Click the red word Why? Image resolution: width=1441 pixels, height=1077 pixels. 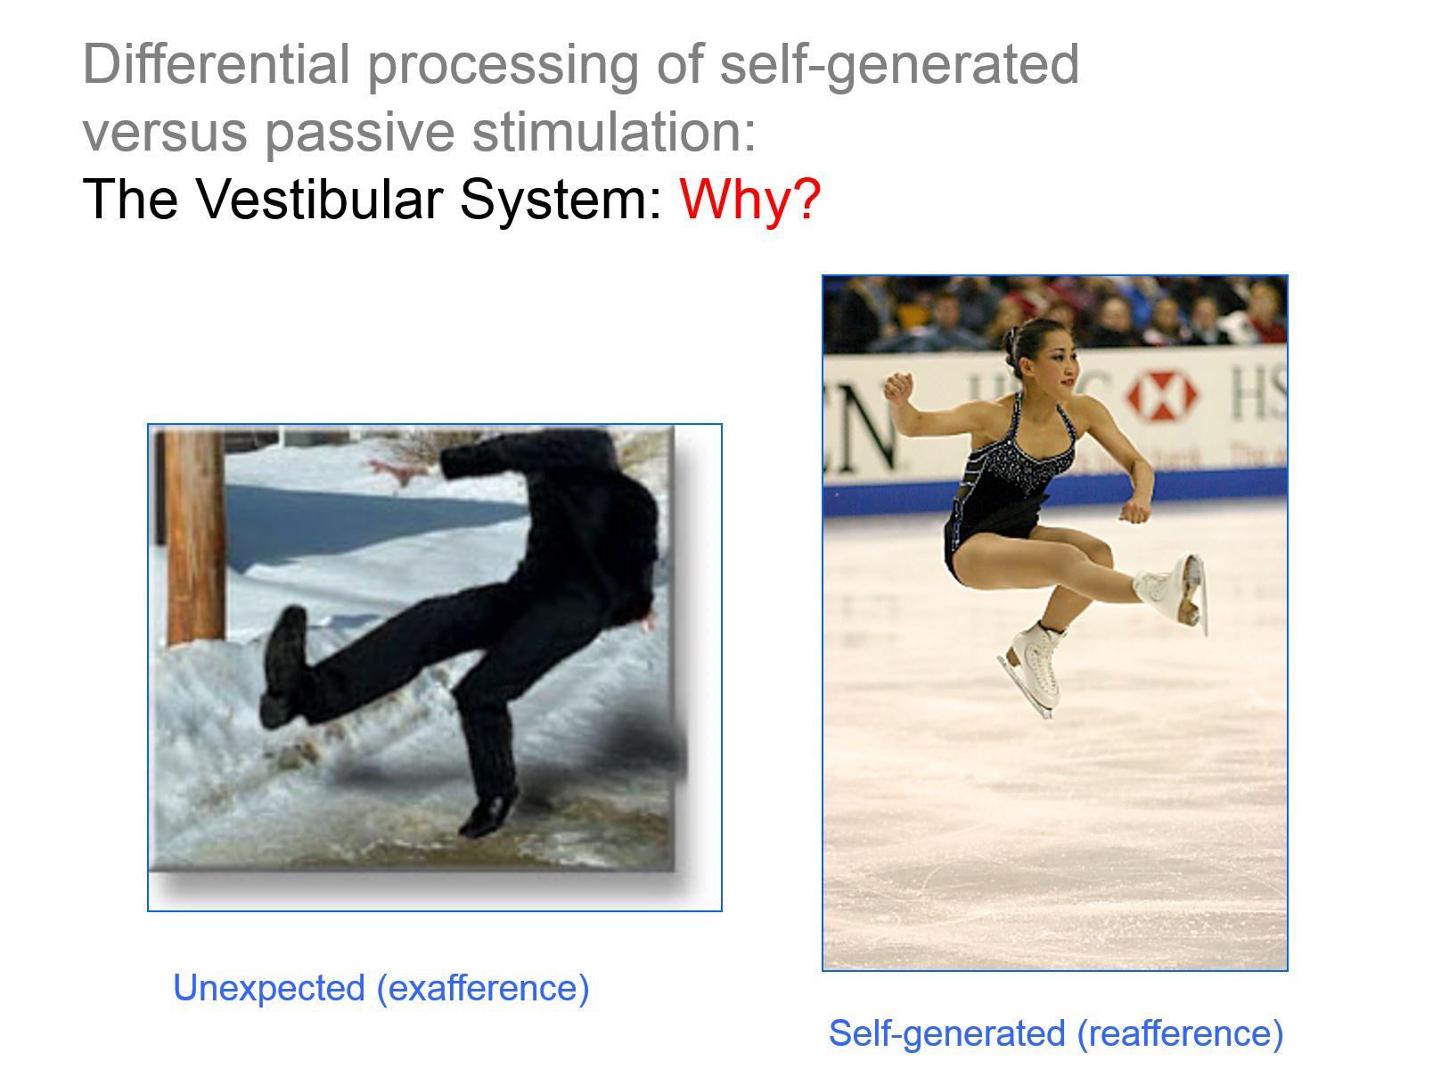point(749,199)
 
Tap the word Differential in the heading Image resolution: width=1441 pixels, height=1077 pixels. point(215,64)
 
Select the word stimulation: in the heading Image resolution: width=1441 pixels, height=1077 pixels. point(613,131)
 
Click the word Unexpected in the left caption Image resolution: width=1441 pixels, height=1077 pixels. point(268,988)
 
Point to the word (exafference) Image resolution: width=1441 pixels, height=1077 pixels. point(483,988)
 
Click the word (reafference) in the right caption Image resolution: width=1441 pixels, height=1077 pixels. point(1180,1033)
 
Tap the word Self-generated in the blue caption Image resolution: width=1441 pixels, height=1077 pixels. point(946,1033)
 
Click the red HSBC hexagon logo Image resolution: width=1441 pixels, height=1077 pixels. point(1163,396)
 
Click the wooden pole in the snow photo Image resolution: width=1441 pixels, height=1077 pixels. point(193,534)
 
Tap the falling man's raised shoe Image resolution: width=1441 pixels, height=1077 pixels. point(284,664)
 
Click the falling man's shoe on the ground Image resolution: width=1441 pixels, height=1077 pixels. point(488,812)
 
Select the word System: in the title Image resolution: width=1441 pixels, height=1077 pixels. point(561,199)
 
